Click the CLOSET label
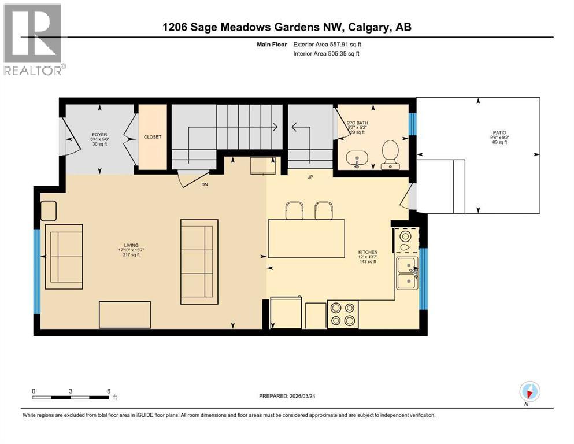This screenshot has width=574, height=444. pos(153,137)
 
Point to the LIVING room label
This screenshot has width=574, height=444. pos(135,249)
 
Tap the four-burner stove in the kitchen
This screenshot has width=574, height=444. pos(342,314)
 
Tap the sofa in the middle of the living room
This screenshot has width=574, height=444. pos(199,261)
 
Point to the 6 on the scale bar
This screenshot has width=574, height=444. pos(108,391)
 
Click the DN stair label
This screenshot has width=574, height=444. pos(204,185)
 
